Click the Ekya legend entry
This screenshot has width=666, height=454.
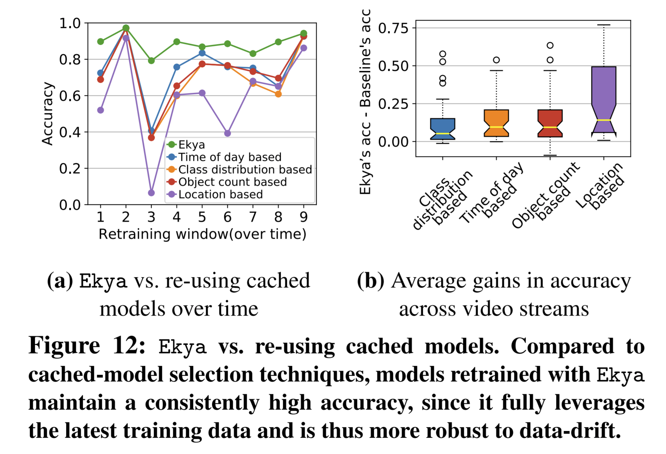[x=191, y=145]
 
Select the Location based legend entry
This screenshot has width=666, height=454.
[x=220, y=194]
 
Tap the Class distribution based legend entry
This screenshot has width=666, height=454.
[x=245, y=169]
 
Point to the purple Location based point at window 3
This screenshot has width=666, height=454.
[x=151, y=193]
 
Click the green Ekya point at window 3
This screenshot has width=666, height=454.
[x=151, y=61]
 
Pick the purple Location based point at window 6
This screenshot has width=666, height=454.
[x=227, y=133]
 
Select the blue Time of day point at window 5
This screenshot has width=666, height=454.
[x=202, y=53]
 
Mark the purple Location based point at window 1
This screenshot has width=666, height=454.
[x=100, y=110]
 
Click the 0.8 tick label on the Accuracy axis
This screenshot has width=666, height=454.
[x=70, y=60]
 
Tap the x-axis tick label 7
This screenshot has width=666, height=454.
[x=253, y=217]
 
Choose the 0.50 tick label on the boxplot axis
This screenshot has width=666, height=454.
[x=393, y=66]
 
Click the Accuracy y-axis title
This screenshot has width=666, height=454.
[x=48, y=114]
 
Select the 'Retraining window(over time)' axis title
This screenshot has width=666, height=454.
[x=202, y=234]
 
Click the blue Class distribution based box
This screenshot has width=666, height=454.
[x=442, y=129]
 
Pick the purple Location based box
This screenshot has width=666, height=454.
[x=604, y=99]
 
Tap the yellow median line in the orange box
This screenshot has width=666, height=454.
[x=496, y=127]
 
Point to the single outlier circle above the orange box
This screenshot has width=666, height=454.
[x=496, y=60]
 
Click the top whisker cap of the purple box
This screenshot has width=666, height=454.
[x=604, y=25]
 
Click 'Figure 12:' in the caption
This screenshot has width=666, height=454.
[x=87, y=346]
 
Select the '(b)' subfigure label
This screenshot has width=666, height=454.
[x=370, y=281]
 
